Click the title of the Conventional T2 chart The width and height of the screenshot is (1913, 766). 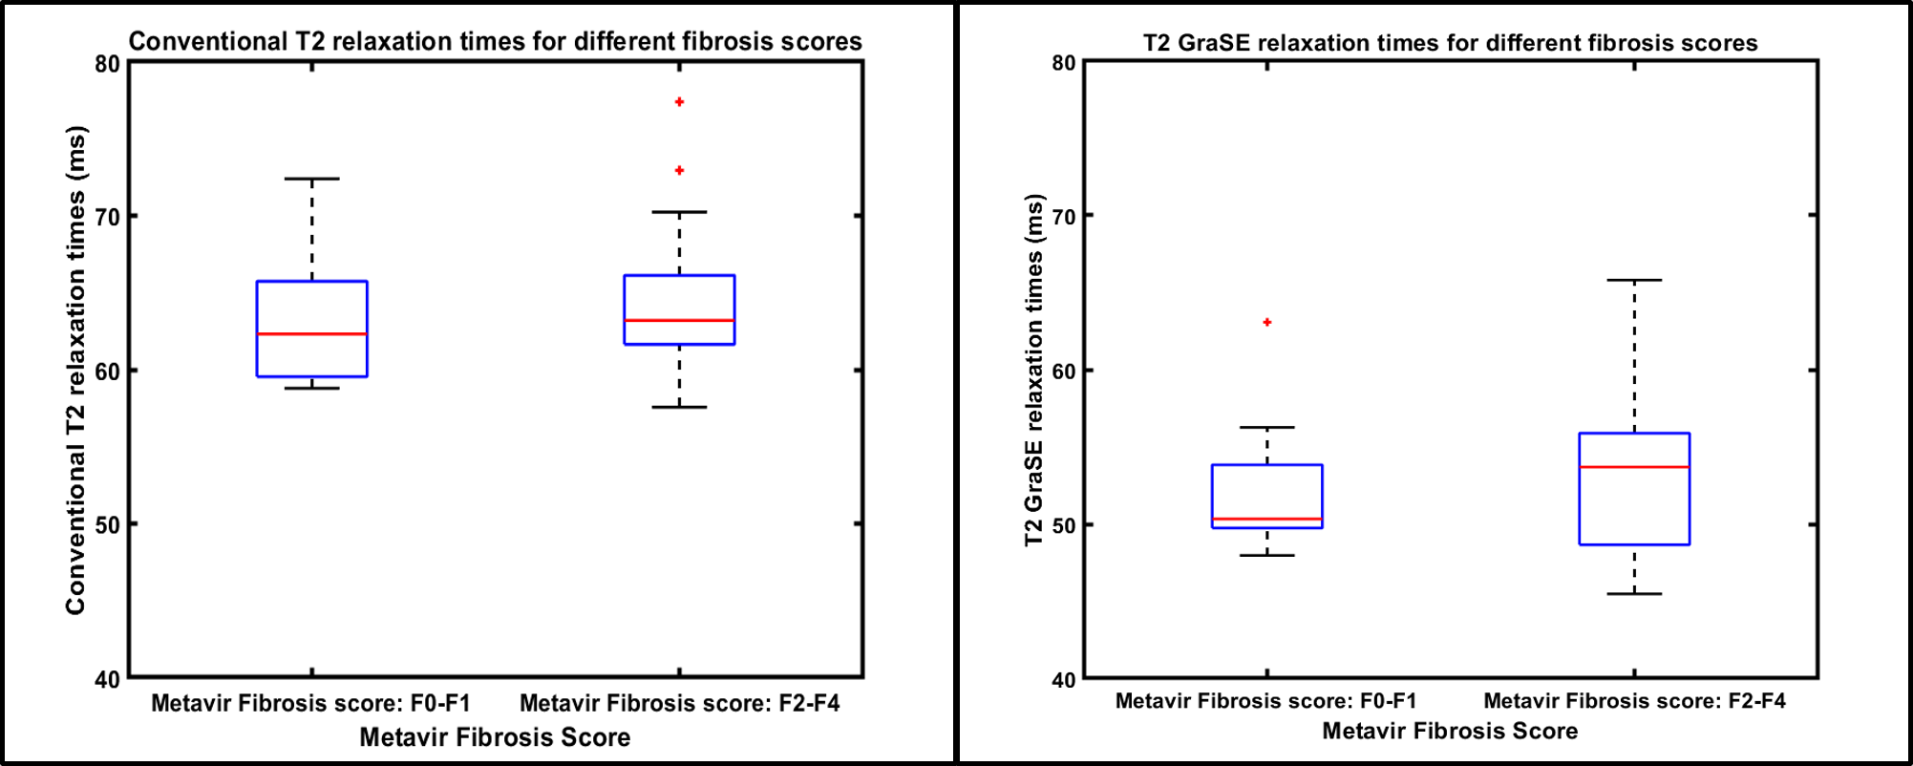tap(495, 41)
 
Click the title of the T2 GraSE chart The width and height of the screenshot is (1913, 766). tap(1450, 43)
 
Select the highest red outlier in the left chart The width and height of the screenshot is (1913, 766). tap(679, 102)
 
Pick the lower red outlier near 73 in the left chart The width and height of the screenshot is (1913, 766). tap(679, 171)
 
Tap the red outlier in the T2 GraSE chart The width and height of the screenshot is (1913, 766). tap(1267, 323)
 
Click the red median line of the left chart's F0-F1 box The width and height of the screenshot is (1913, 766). tap(312, 334)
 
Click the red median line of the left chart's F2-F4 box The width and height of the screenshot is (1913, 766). tap(679, 320)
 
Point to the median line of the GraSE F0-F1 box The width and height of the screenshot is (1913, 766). tap(1267, 520)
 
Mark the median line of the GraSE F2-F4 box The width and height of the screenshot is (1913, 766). tap(1634, 467)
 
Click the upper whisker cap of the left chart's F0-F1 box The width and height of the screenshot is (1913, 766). tap(312, 179)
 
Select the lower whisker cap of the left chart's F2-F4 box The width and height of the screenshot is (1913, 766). tap(679, 407)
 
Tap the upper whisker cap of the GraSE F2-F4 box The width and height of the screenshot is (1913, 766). tap(1634, 280)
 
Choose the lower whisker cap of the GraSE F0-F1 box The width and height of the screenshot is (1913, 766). tap(1267, 555)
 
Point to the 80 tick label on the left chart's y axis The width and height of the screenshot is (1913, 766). tap(108, 64)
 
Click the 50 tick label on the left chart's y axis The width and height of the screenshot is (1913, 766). tap(108, 525)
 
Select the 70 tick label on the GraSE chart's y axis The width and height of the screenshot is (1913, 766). tap(1063, 217)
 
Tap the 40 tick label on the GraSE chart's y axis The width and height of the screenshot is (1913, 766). tap(1063, 680)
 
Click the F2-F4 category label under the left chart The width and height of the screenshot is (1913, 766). tap(679, 704)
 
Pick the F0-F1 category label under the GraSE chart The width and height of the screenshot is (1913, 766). tap(1266, 701)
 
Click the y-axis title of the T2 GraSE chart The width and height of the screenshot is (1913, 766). tap(1034, 371)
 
